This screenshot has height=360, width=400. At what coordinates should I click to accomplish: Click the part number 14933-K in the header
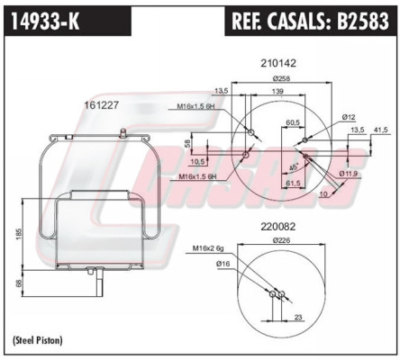pos(45,21)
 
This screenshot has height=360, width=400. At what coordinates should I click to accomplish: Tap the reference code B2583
pos(363,21)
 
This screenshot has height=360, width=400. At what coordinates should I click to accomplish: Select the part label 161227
pos(102,105)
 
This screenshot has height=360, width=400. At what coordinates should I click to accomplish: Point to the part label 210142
pos(278,63)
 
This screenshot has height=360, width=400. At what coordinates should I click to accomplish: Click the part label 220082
pos(278,227)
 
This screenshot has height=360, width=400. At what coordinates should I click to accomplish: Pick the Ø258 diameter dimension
pos(282,78)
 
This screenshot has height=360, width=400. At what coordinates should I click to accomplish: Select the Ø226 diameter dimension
pos(282,240)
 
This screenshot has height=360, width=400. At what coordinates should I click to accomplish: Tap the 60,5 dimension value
pos(293,122)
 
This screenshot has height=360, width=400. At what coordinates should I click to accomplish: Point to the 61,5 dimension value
pos(293,183)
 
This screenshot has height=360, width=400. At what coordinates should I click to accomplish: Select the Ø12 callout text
pos(349,117)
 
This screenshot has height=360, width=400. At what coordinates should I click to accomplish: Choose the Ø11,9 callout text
pos(350,173)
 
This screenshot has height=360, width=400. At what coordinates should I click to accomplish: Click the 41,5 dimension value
pos(381,130)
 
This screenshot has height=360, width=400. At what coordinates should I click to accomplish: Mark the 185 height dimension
pos(19,234)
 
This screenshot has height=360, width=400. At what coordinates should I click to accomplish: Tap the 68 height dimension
pos(19,283)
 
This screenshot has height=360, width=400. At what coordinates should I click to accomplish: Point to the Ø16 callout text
pos(223,264)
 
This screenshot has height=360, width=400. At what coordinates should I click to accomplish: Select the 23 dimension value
pos(298,317)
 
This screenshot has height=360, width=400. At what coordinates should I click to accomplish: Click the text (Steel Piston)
pos(38,340)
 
